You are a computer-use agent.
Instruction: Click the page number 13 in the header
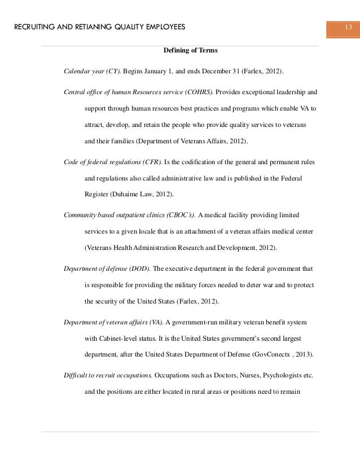coord(348,28)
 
